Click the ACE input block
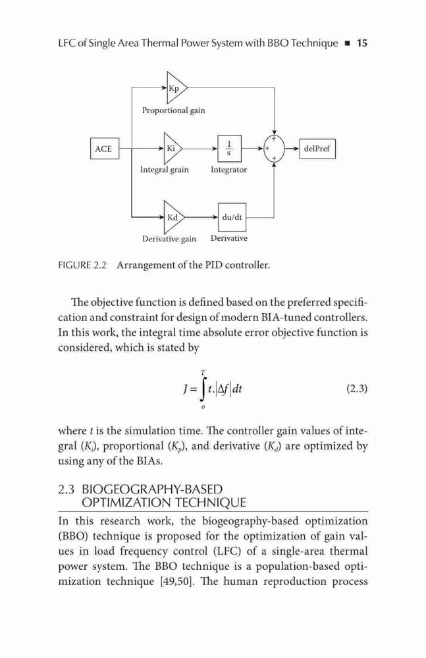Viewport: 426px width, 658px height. tap(105, 149)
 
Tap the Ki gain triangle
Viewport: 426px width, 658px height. tap(173, 149)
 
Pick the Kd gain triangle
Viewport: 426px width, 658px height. tap(174, 217)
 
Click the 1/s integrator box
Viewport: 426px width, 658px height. tap(229, 148)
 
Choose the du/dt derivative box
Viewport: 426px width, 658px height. tap(232, 217)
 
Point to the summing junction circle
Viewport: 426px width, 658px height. tap(274, 149)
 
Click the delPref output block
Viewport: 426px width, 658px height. tap(317, 149)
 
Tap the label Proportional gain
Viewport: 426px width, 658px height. tap(174, 111)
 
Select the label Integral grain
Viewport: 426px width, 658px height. tap(164, 170)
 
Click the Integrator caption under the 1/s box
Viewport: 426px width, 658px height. tap(228, 170)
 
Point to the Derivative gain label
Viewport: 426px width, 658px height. tap(169, 239)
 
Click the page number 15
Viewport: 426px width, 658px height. tap(361, 43)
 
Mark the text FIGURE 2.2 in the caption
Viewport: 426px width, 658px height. tap(82, 265)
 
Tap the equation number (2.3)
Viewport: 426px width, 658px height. tap(357, 389)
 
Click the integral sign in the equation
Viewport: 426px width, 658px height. tap(203, 390)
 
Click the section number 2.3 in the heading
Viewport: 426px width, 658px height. tap(67, 490)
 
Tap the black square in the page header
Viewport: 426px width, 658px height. tap(347, 43)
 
